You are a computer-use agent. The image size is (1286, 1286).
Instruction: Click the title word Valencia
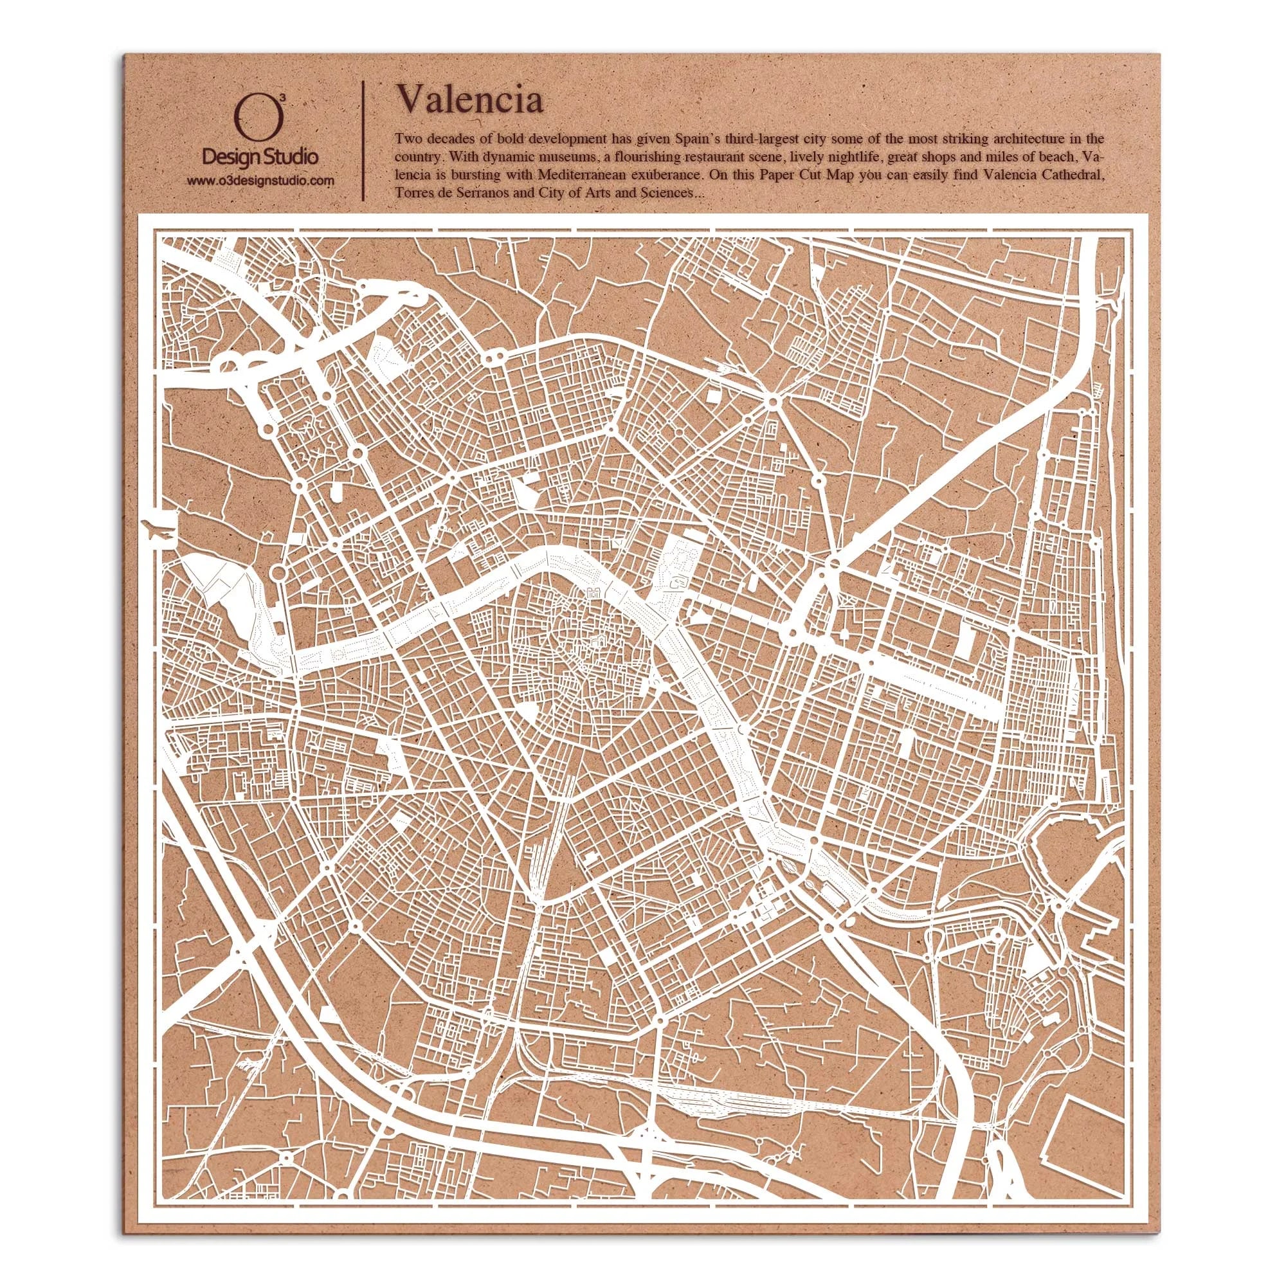(469, 101)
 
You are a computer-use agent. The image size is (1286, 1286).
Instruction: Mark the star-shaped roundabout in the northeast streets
(772, 402)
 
